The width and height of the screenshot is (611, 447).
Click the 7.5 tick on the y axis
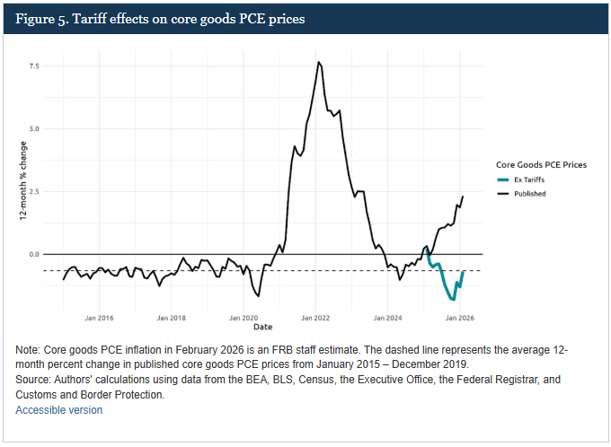[32, 66]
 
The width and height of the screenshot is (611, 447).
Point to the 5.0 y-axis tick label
[32, 129]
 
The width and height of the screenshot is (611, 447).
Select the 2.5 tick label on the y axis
[32, 192]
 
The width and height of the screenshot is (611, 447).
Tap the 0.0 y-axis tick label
[32, 255]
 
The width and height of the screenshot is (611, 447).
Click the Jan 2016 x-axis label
[99, 317]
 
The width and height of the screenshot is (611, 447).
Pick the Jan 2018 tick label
[172, 317]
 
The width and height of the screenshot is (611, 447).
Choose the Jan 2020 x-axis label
[244, 317]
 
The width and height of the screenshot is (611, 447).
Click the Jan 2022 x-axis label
[316, 317]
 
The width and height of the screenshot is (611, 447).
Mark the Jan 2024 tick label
[388, 317]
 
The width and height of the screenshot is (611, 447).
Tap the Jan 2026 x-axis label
[460, 317]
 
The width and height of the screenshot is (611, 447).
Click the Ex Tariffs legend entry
[530, 180]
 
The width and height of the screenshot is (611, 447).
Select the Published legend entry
[530, 193]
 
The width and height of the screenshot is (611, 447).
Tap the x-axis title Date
[262, 326]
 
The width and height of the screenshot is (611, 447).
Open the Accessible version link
[58, 410]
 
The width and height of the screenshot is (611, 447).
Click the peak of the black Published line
[319, 62]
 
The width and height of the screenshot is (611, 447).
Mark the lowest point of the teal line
[452, 299]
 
